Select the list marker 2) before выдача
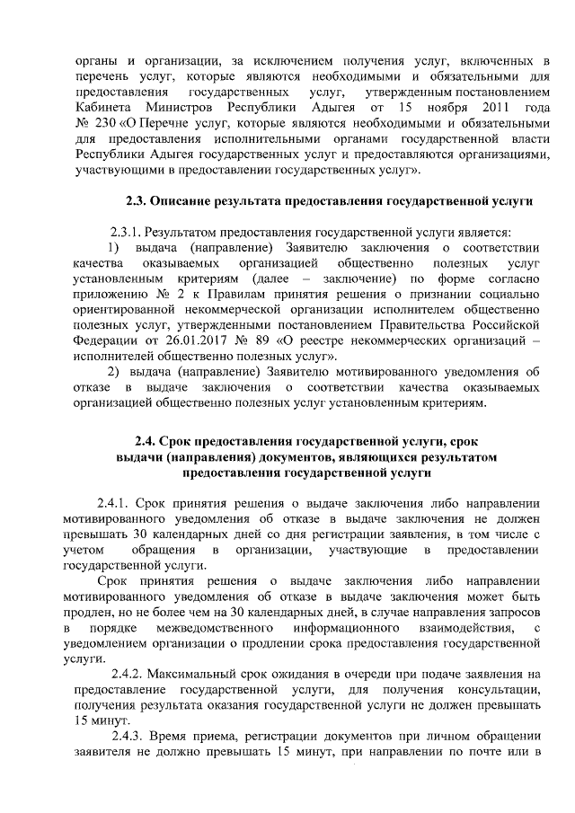tap(114, 371)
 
